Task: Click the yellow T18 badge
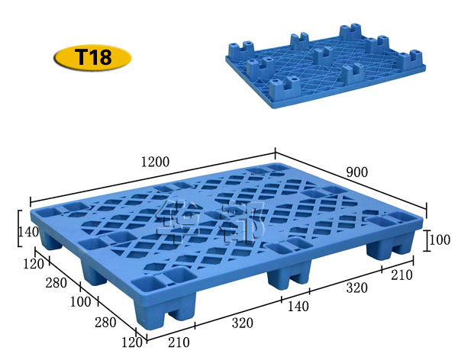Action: point(92,58)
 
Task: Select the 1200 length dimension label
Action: point(155,162)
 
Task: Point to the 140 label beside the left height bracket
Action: point(27,233)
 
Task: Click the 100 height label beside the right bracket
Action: point(439,240)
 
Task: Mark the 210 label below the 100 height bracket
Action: point(402,275)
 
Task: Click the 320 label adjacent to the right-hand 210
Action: point(356,288)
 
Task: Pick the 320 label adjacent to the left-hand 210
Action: point(242,323)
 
